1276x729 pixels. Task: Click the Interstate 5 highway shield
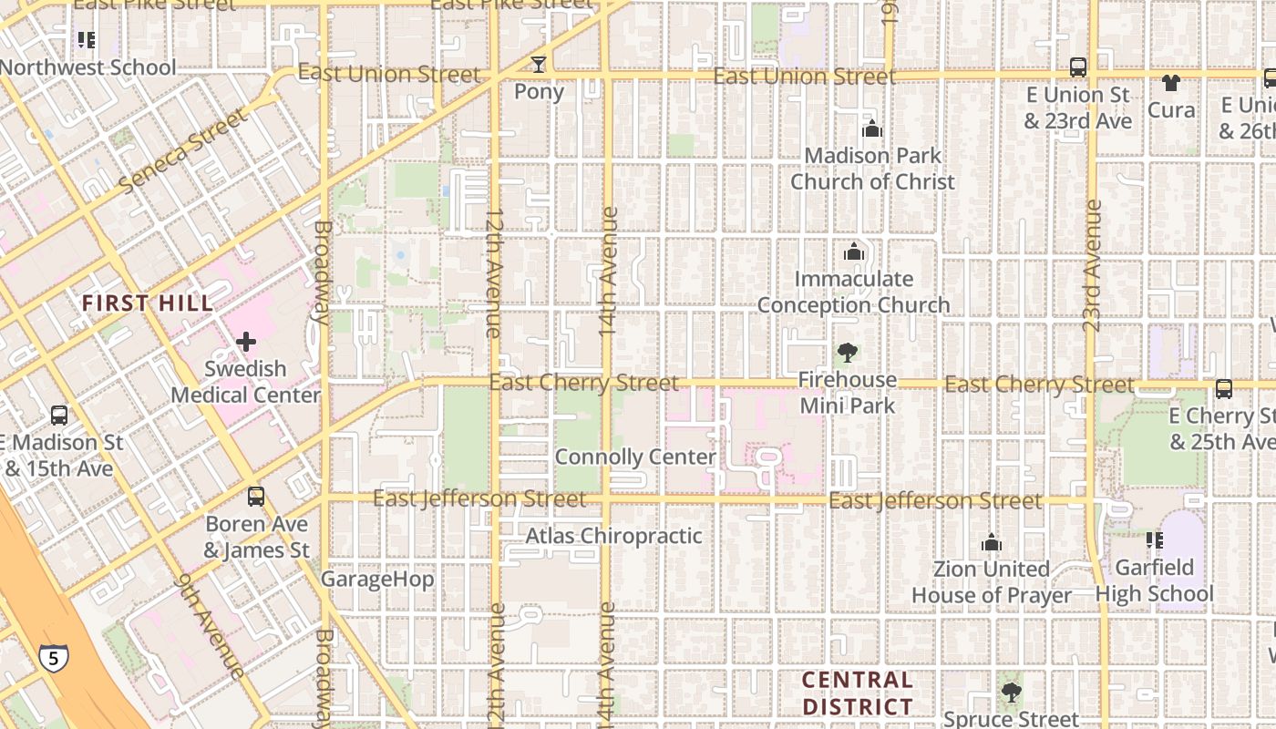point(53,657)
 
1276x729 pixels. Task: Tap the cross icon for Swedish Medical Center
point(245,343)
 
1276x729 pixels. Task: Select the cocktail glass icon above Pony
point(539,64)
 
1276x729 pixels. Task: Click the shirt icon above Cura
point(1171,83)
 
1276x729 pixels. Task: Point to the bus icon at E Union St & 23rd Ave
point(1077,67)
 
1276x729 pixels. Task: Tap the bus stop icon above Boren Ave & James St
point(256,497)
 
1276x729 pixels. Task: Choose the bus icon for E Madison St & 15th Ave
point(59,416)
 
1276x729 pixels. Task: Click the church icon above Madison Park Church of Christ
point(872,128)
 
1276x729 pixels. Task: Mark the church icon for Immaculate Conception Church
point(854,252)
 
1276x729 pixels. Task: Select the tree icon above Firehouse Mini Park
point(848,353)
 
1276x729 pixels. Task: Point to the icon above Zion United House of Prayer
point(992,543)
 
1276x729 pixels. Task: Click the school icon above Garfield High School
point(1155,540)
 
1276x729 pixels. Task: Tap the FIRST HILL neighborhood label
point(148,303)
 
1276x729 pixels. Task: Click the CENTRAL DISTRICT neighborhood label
point(857,693)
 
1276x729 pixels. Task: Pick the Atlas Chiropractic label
point(613,536)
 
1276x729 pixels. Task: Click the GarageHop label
point(377,579)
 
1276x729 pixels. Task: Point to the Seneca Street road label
point(183,150)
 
